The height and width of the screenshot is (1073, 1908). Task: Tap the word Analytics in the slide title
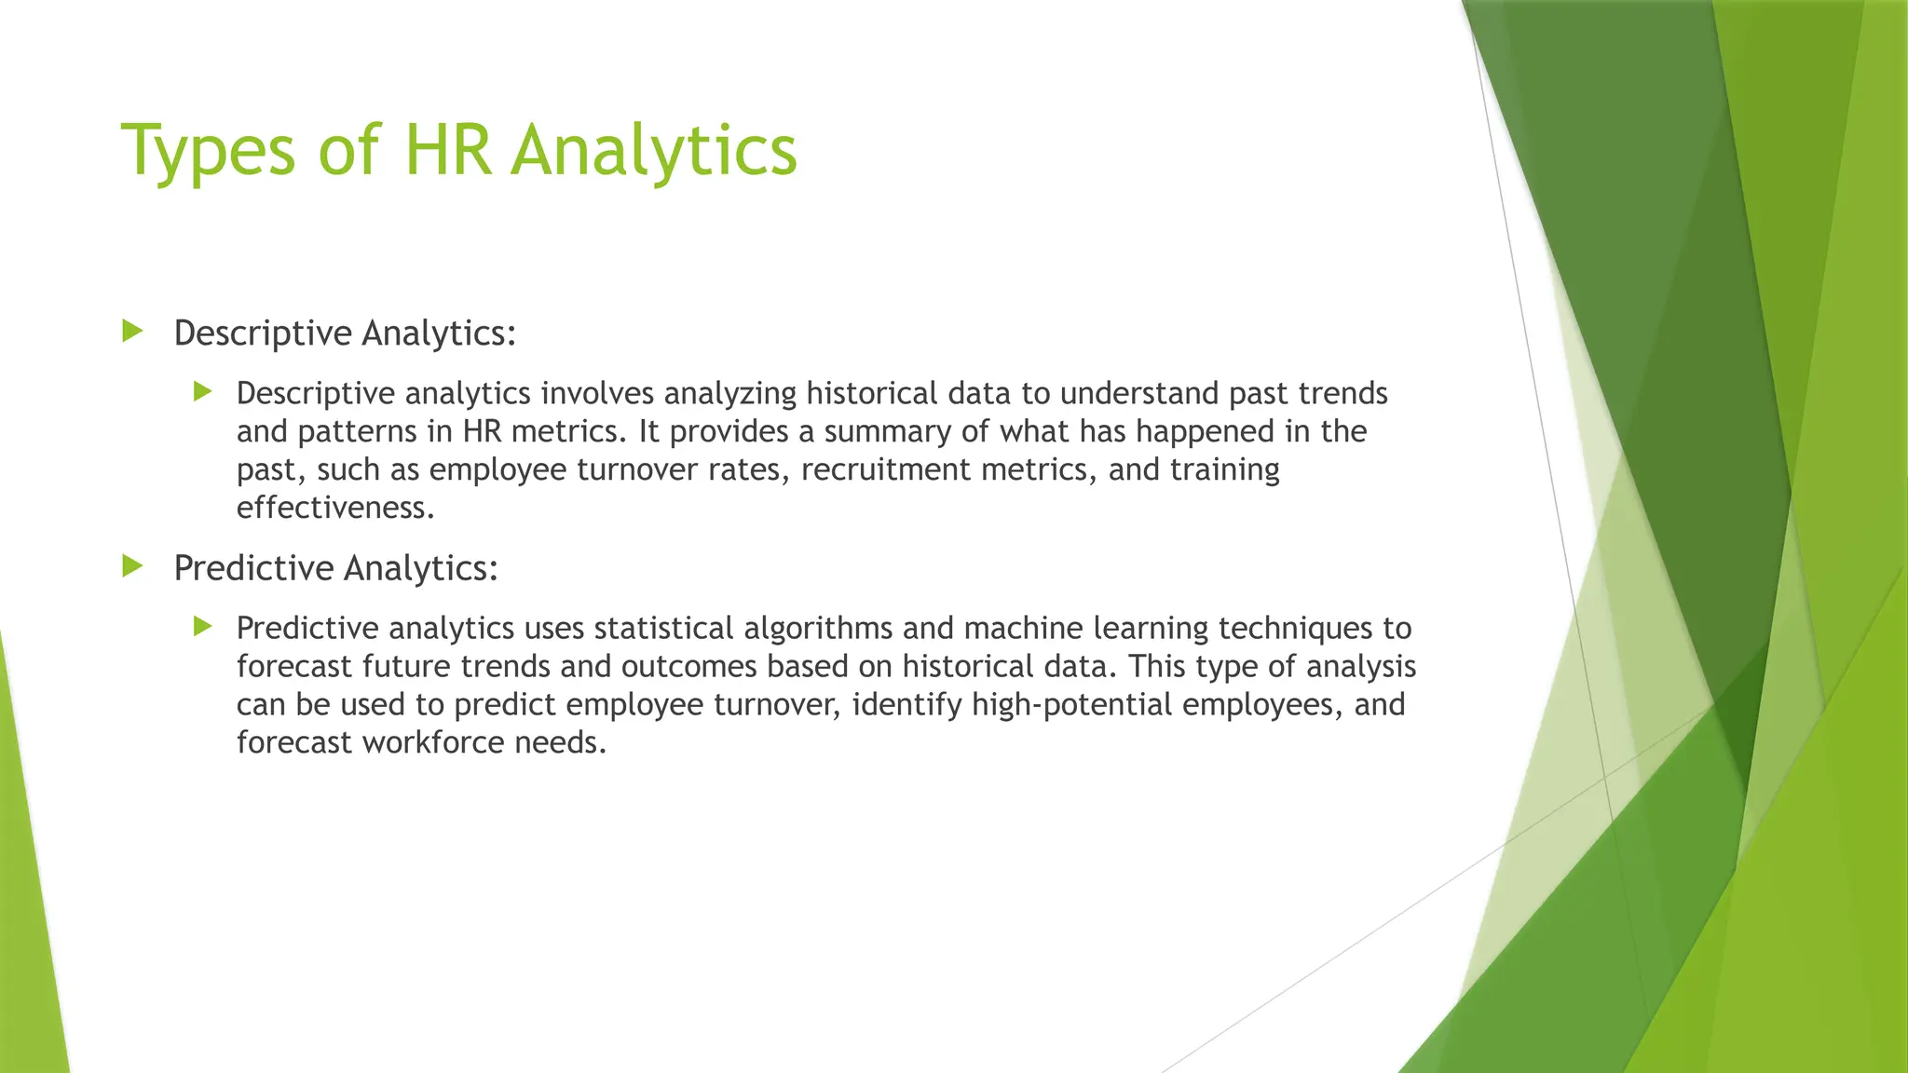[x=654, y=151]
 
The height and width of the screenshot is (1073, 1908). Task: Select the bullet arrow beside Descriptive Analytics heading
[x=132, y=331]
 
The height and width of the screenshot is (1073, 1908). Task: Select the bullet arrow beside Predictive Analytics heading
[x=132, y=565]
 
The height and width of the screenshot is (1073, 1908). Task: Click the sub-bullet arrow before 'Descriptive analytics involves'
[x=203, y=391]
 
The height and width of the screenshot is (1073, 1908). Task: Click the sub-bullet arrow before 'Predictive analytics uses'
[x=203, y=626]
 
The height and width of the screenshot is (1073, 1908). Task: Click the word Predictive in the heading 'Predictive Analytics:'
[x=253, y=568]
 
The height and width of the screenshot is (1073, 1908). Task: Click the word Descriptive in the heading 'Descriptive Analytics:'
[x=263, y=333]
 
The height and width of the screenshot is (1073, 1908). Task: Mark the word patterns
[x=357, y=432]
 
